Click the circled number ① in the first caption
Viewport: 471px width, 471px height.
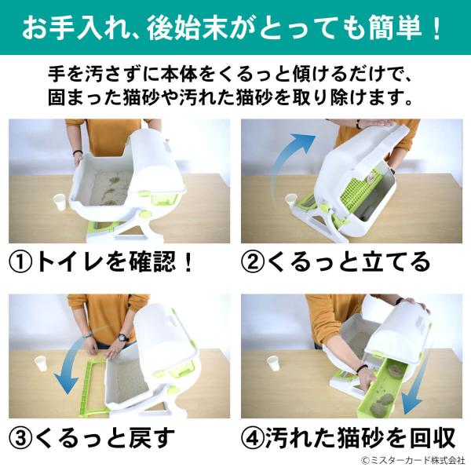pos(20,262)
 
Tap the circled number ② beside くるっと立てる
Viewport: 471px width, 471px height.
pos(253,262)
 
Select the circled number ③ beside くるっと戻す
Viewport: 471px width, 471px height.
pos(20,438)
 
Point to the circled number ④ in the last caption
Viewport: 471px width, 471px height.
pos(253,438)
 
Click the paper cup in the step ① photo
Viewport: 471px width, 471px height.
pos(60,202)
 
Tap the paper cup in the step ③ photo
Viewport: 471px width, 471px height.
pos(42,365)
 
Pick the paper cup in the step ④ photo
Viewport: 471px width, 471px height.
pos(274,363)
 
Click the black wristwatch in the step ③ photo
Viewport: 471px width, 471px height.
pos(123,337)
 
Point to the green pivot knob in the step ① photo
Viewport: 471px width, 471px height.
pos(145,215)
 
